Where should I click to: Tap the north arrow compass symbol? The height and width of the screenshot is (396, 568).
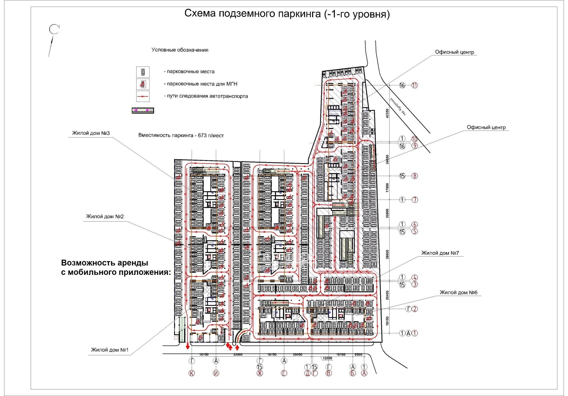tap(54, 30)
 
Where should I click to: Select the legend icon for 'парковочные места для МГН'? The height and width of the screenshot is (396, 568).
tap(143, 84)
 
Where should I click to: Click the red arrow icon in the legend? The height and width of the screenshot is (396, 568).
tap(143, 96)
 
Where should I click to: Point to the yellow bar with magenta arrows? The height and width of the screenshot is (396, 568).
tap(143, 110)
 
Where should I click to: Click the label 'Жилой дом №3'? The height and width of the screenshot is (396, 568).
tap(91, 133)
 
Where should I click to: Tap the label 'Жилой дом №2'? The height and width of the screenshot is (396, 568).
tap(105, 216)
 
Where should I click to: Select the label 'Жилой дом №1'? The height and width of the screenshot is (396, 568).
tap(110, 350)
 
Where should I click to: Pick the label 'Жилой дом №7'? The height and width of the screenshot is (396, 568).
tap(440, 253)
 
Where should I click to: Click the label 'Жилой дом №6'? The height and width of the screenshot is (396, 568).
tap(458, 293)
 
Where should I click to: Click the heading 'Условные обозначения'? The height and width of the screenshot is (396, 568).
tap(180, 50)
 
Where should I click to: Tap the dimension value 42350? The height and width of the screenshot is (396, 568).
tap(387, 113)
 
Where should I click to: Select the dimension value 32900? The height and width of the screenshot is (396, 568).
tap(238, 355)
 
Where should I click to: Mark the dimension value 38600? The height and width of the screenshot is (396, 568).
tap(387, 254)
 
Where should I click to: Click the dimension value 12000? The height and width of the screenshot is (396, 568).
tap(327, 358)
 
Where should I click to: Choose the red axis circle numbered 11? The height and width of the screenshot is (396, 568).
tap(415, 85)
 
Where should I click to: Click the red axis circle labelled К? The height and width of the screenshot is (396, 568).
tap(192, 373)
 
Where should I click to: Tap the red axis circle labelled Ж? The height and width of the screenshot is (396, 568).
tap(260, 373)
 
